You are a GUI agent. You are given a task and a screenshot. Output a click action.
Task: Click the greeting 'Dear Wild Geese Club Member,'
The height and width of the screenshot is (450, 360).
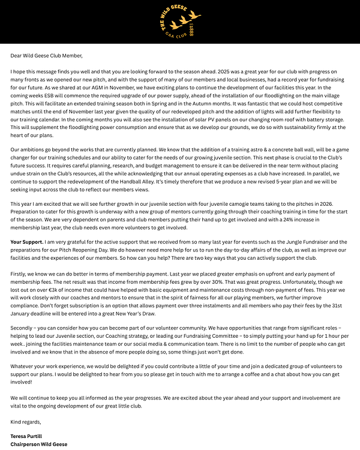pos(46,55)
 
